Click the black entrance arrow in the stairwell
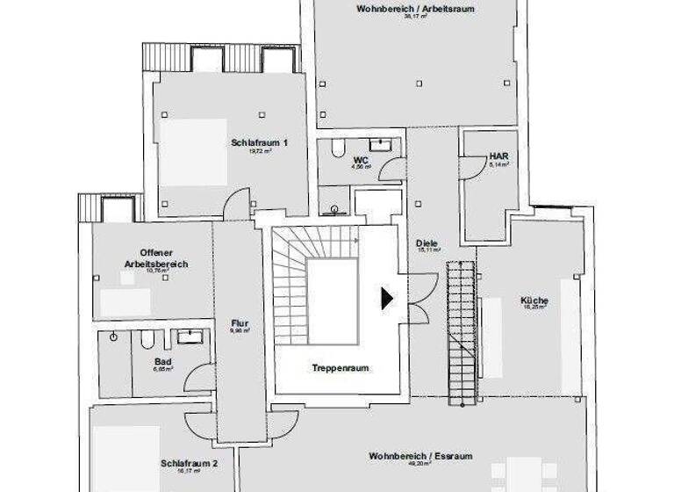[x=387, y=299]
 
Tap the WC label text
[x=360, y=160]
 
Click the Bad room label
[x=163, y=362]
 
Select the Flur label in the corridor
[x=240, y=322]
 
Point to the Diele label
[x=428, y=243]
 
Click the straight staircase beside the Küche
[x=460, y=334]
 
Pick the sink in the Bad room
[x=190, y=336]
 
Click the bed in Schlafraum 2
[x=127, y=457]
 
